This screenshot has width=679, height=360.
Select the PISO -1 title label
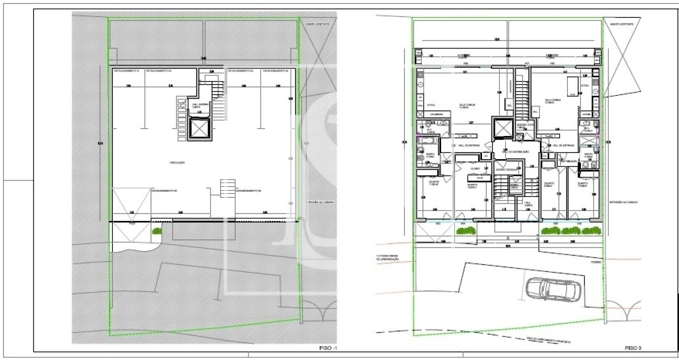pyautogui.click(x=328, y=347)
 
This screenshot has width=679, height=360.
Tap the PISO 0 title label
pyautogui.click(x=633, y=347)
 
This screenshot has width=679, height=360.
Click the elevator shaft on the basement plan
pyautogui.click(x=199, y=129)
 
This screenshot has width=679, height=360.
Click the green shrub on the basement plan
pyautogui.click(x=157, y=231)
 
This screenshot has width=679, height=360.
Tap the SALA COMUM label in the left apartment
pyautogui.click(x=467, y=105)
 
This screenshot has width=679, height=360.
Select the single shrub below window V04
pyautogui.click(x=466, y=230)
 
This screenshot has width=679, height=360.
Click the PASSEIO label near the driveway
pyautogui.click(x=594, y=261)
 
